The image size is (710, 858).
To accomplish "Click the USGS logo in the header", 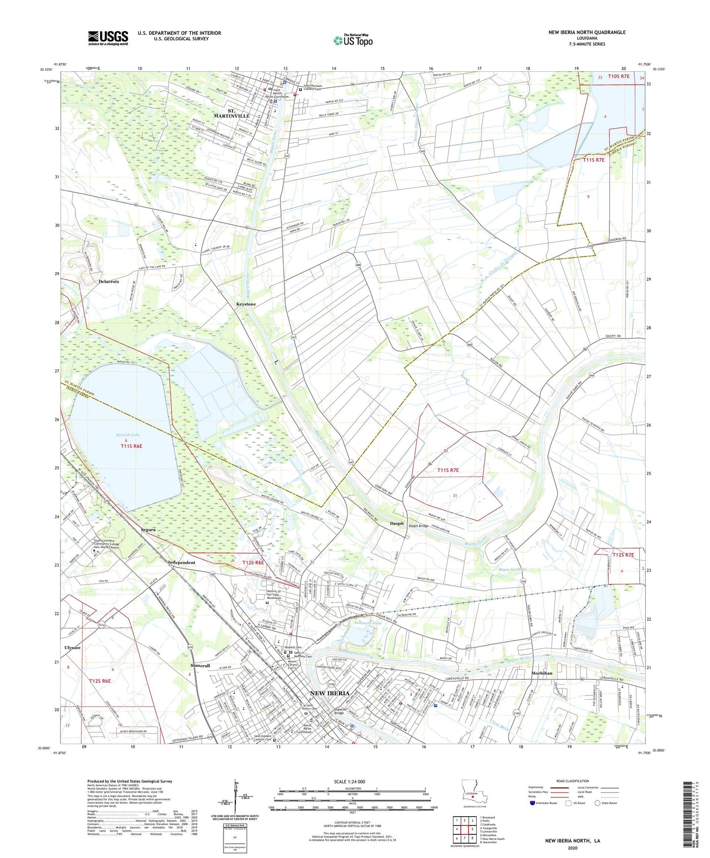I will (x=108, y=38).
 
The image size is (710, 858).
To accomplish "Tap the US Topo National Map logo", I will (x=353, y=40).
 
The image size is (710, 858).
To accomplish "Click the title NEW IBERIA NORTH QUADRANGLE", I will (x=587, y=32).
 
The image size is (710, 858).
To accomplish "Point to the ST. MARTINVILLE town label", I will (x=231, y=113).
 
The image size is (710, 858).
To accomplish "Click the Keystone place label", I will (x=246, y=304).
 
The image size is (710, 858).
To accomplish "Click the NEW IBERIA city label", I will (x=330, y=693).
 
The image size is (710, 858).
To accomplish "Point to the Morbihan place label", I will (x=541, y=673).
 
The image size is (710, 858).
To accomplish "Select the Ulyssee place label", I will (x=72, y=647).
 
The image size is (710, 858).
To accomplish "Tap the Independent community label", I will (x=181, y=562).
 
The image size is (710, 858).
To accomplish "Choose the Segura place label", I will (x=148, y=530).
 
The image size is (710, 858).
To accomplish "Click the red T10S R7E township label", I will (x=618, y=76).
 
